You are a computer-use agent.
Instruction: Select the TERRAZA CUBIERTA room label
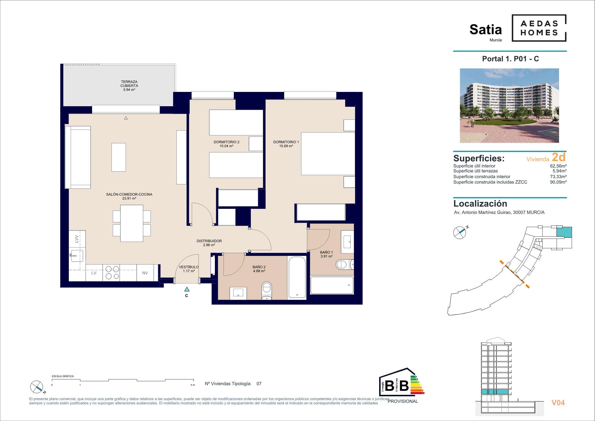tap(129, 84)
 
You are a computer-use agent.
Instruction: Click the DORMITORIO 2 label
tap(226, 142)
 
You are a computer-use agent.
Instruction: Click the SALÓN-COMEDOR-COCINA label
tap(129, 194)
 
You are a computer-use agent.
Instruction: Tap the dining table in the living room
tap(132, 223)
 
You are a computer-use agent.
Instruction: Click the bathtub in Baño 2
tap(297, 277)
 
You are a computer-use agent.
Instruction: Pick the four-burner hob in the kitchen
tap(111, 273)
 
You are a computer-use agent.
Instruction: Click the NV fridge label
tap(145, 273)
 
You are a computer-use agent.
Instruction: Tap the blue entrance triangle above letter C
tap(187, 289)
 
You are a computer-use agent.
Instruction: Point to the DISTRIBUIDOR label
tap(209, 241)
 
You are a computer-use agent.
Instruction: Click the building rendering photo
tap(509, 106)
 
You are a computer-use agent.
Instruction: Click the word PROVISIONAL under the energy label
tap(403, 401)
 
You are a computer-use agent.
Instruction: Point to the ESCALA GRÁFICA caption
tap(63, 376)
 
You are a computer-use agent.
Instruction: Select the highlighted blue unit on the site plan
tap(564, 232)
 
